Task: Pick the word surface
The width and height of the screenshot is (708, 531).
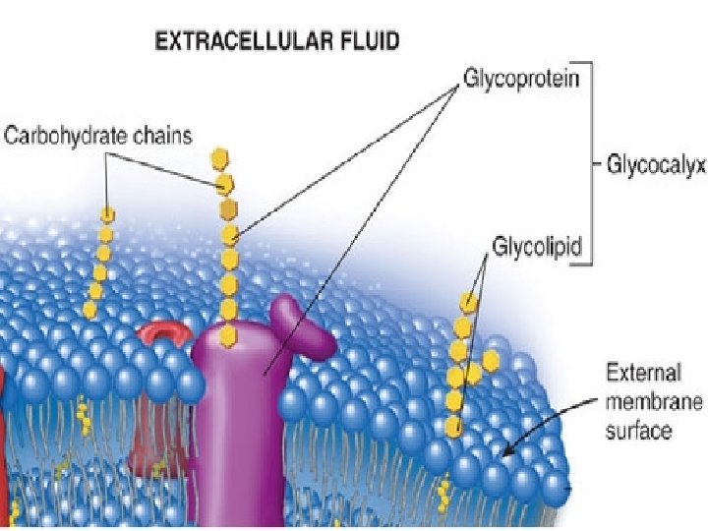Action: point(639,430)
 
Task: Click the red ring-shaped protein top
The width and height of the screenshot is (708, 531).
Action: point(165,334)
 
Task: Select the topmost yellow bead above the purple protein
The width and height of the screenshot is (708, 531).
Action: point(218,158)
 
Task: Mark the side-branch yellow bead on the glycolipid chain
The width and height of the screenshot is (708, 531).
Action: point(489,362)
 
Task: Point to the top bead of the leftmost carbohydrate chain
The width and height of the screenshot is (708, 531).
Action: point(107,214)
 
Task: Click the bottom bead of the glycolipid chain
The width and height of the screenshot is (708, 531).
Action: point(453,427)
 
